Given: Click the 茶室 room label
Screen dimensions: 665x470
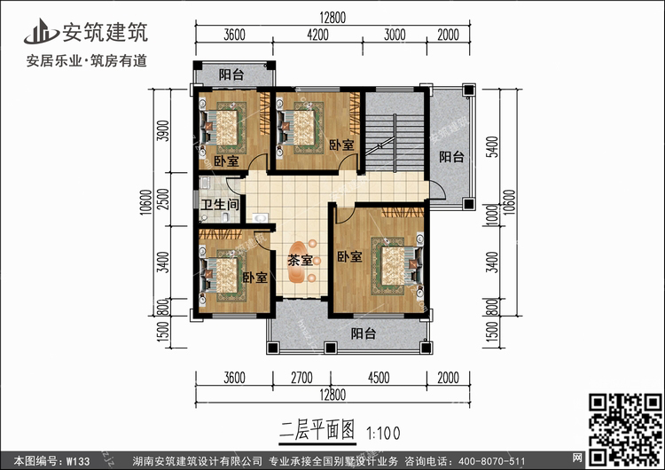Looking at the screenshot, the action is click(x=300, y=260).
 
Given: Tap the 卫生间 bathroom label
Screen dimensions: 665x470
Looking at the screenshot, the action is click(x=220, y=205).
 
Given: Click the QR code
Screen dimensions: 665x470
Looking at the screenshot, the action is click(x=626, y=430).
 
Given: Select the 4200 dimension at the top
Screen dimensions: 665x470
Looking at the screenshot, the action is click(x=317, y=35).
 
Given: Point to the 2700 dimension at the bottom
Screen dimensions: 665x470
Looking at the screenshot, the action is click(x=301, y=378).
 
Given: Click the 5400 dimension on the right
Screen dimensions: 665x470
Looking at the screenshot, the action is click(x=492, y=147).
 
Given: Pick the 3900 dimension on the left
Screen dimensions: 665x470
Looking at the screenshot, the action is click(x=163, y=131).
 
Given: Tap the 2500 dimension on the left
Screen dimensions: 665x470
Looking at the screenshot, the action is click(x=163, y=199).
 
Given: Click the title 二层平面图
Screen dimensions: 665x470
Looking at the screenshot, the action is click(x=317, y=431).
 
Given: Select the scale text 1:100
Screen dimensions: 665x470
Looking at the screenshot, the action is click(x=383, y=433).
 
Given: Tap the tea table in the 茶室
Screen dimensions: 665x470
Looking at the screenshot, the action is click(x=300, y=262).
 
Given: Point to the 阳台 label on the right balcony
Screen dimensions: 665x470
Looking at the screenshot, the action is click(x=451, y=157).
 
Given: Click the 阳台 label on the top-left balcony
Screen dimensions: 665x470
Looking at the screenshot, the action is click(x=231, y=74).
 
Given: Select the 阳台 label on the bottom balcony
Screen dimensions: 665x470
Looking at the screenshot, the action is click(x=363, y=333).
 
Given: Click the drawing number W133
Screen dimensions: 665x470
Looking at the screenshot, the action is click(x=78, y=461).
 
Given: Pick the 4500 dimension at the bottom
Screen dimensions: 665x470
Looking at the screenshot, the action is click(x=379, y=378).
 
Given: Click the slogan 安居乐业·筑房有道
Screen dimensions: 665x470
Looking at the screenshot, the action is click(x=87, y=60).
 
